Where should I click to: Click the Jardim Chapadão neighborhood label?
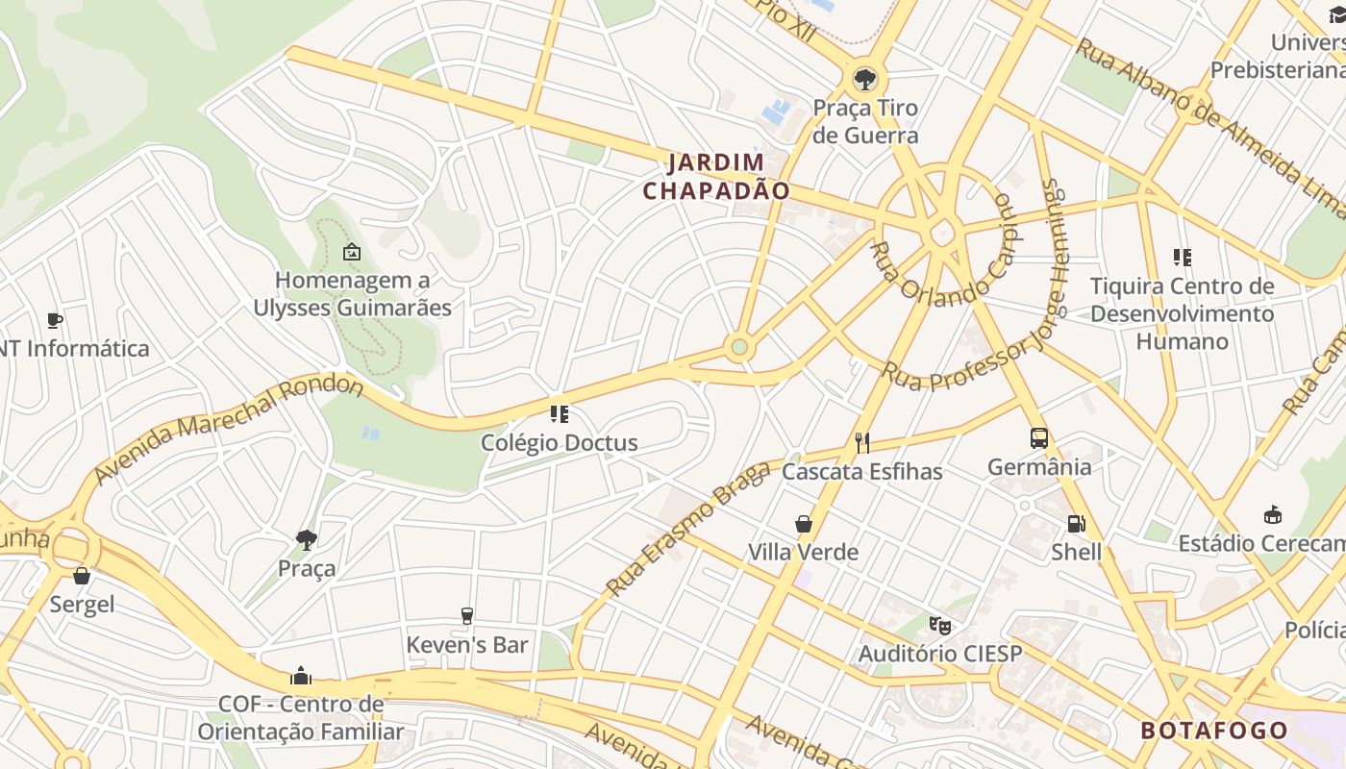(716, 177)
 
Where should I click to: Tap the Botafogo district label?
(1214, 731)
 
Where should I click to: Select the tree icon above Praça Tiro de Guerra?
(864, 79)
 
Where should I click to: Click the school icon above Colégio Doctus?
(559, 414)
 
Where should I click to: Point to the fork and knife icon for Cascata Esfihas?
(861, 442)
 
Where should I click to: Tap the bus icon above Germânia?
(1038, 438)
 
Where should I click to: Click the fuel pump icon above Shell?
(1076, 524)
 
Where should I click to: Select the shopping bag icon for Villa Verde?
(804, 524)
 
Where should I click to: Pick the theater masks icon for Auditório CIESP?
(939, 626)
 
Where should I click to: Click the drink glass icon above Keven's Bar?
(467, 616)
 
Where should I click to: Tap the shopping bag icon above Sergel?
(82, 576)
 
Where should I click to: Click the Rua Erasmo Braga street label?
(688, 528)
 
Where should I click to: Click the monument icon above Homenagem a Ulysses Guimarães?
(351, 252)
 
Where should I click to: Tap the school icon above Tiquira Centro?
(1182, 258)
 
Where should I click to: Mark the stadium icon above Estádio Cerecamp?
(1273, 515)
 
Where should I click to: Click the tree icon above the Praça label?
(307, 539)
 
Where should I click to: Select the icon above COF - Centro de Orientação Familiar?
(301, 676)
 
